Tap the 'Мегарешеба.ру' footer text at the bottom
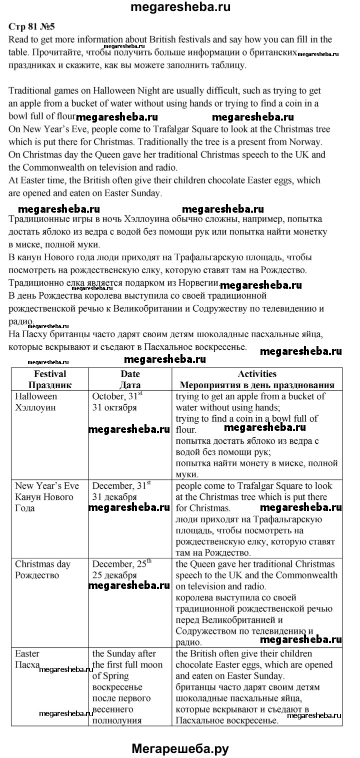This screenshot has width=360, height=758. click(x=180, y=748)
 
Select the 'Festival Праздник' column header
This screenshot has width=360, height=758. click(x=50, y=379)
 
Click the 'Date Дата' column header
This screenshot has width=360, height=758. click(x=130, y=379)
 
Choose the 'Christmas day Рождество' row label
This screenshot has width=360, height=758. click(x=43, y=569)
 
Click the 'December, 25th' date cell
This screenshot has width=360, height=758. click(x=122, y=564)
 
